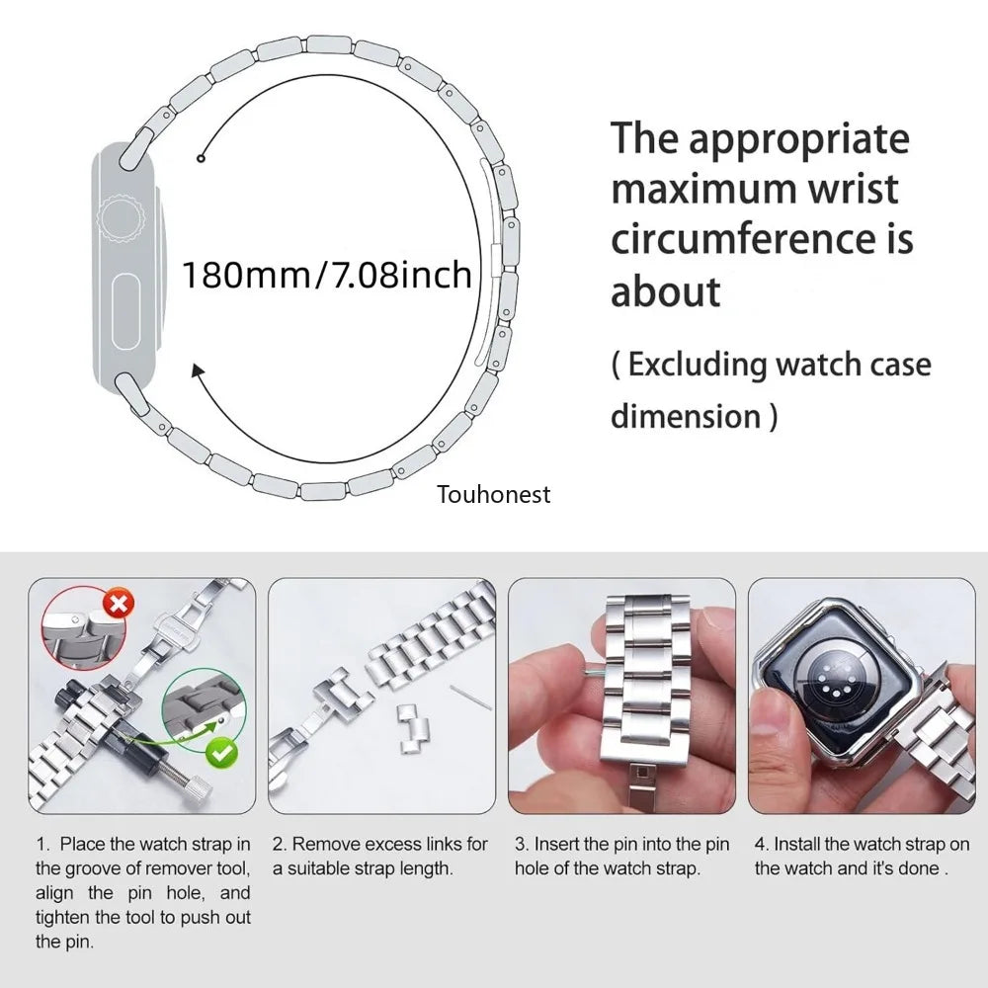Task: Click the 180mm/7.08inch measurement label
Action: click(x=327, y=274)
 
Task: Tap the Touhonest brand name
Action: click(x=494, y=494)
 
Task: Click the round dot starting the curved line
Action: click(x=201, y=158)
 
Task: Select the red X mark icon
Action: click(x=119, y=603)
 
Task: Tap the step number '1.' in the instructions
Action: click(x=42, y=845)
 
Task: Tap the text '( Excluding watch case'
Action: click(x=771, y=365)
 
